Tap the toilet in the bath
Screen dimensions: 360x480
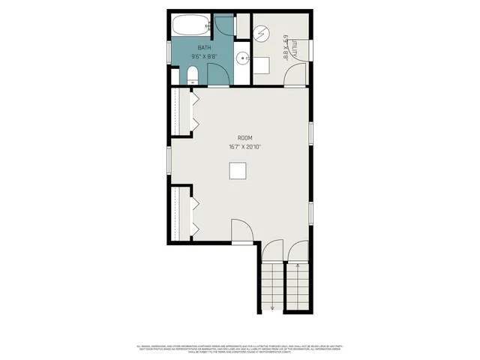191,74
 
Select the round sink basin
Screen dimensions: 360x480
243,58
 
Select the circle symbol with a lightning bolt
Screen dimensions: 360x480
261,34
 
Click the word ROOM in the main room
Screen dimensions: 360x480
244,138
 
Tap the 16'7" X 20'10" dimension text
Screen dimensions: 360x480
244,147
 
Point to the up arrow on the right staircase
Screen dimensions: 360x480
298,266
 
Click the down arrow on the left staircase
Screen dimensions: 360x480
273,307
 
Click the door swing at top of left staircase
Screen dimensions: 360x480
273,250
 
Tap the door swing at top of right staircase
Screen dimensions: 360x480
298,250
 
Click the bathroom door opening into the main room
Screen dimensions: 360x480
217,75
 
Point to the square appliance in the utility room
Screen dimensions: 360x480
260,65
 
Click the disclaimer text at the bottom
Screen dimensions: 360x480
239,349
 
